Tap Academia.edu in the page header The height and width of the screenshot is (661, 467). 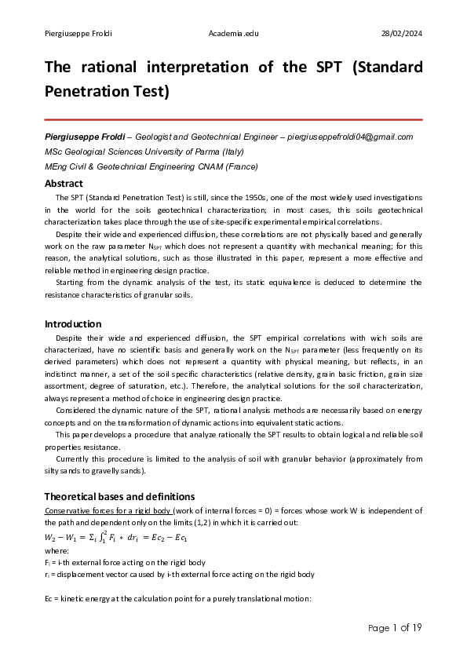(234, 32)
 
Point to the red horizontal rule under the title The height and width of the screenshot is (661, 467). (233, 119)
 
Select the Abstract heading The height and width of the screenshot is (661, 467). (64, 184)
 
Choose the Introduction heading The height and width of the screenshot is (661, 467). (73, 323)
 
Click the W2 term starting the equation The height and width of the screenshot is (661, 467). (52, 538)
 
